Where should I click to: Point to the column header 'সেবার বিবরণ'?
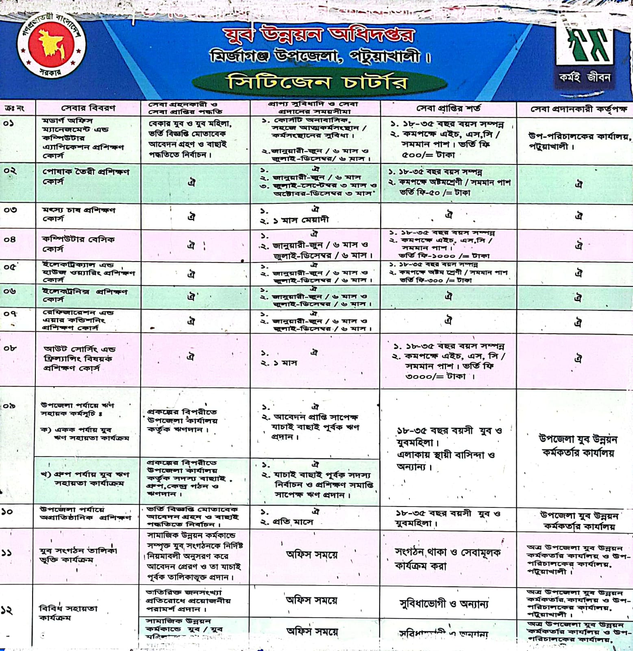88,108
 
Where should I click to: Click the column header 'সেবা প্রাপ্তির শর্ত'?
448,108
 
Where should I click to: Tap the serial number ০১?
9,123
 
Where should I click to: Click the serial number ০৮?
10,349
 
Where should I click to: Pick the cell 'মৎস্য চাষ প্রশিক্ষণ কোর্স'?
79,214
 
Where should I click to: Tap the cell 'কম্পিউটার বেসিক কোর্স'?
78,244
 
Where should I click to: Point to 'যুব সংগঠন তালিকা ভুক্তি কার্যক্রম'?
78,555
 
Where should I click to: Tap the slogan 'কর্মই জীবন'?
585,77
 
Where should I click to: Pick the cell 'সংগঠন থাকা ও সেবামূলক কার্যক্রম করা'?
447,559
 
